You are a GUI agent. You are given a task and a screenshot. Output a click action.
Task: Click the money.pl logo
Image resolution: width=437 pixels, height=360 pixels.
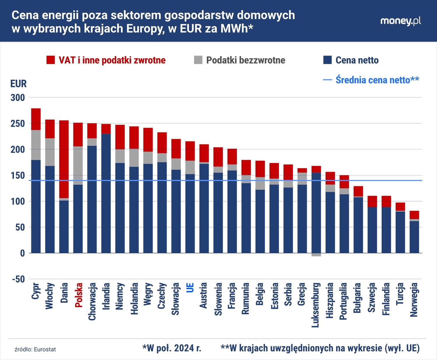click(401, 21)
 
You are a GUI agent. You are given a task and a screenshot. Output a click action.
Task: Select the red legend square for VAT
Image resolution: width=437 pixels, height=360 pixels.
click(51, 60)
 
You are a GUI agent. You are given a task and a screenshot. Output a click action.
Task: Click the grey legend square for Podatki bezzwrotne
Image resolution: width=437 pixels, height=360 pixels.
click(198, 60)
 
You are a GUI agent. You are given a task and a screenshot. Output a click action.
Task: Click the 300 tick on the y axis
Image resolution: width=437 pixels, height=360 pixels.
click(18, 97)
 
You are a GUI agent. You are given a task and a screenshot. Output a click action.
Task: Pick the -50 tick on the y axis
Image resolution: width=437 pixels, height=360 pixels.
click(18, 279)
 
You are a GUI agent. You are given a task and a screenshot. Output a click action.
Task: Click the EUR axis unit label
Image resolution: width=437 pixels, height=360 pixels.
click(18, 84)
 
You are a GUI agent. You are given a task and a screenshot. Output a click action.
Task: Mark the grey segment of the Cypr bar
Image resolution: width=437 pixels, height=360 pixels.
click(36, 145)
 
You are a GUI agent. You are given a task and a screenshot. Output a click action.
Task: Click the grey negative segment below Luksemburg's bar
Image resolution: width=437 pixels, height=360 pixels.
click(316, 255)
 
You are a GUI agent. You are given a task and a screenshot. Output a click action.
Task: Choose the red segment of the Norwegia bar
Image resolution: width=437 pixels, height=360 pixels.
click(414, 215)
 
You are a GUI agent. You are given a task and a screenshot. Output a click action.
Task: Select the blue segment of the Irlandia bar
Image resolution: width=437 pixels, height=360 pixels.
click(106, 193)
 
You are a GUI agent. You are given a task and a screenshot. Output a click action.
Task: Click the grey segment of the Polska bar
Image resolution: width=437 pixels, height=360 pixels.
click(78, 165)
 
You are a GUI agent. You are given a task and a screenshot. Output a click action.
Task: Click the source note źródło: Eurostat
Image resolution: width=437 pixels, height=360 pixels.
click(35, 349)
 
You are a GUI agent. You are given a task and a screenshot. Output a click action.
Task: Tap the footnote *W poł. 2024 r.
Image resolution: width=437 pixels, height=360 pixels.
click(172, 348)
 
